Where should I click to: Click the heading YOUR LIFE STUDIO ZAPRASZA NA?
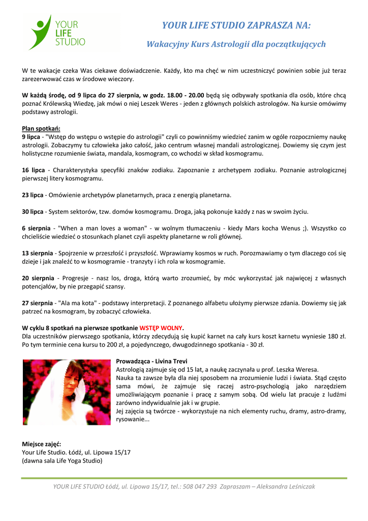(x=236, y=25)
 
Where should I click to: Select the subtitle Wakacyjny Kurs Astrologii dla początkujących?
(x=236, y=44)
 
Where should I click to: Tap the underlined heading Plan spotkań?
(x=41, y=128)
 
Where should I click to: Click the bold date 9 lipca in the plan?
(x=30, y=136)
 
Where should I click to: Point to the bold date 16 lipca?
(x=33, y=170)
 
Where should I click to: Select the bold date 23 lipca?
(x=33, y=195)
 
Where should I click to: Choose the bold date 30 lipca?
(x=33, y=211)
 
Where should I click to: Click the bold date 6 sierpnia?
(x=36, y=228)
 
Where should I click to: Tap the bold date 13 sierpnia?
(x=37, y=253)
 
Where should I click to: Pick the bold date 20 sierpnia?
(x=38, y=278)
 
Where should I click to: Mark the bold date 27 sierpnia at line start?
(x=37, y=303)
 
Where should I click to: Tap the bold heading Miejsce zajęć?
(x=41, y=444)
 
